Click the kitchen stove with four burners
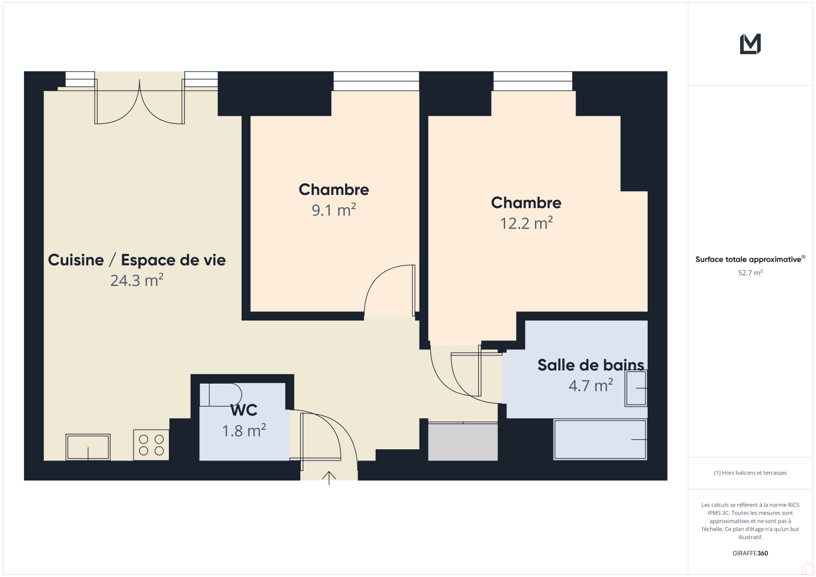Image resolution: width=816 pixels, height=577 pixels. coord(151,445)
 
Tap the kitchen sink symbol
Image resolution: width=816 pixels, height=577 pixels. coord(88,447)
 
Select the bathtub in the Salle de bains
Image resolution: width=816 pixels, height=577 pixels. coord(600,440)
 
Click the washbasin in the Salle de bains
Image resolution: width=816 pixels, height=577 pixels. coord(636,388)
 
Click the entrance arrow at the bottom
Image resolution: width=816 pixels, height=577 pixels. coord(329,477)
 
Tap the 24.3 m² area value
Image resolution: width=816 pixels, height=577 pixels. coord(137,280)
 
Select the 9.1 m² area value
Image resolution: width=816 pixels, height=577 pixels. coord(334,210)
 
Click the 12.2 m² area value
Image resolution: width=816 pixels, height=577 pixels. coord(526,223)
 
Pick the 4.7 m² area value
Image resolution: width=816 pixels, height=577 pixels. coord(590,386)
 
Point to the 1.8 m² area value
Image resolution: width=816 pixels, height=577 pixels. coord(244,431)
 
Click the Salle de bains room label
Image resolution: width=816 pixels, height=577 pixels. coord(590,365)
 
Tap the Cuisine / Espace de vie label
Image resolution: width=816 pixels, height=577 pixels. coord(137,260)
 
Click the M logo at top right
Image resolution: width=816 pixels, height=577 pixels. coord(750,44)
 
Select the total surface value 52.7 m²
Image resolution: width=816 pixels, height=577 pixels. coord(750,272)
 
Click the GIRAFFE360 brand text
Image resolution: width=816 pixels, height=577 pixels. coord(750,553)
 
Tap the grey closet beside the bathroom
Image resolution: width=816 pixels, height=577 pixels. coord(463,441)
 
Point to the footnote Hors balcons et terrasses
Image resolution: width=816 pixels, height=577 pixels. coord(750,473)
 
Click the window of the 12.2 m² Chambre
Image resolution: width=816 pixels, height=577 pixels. coord(533,81)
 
